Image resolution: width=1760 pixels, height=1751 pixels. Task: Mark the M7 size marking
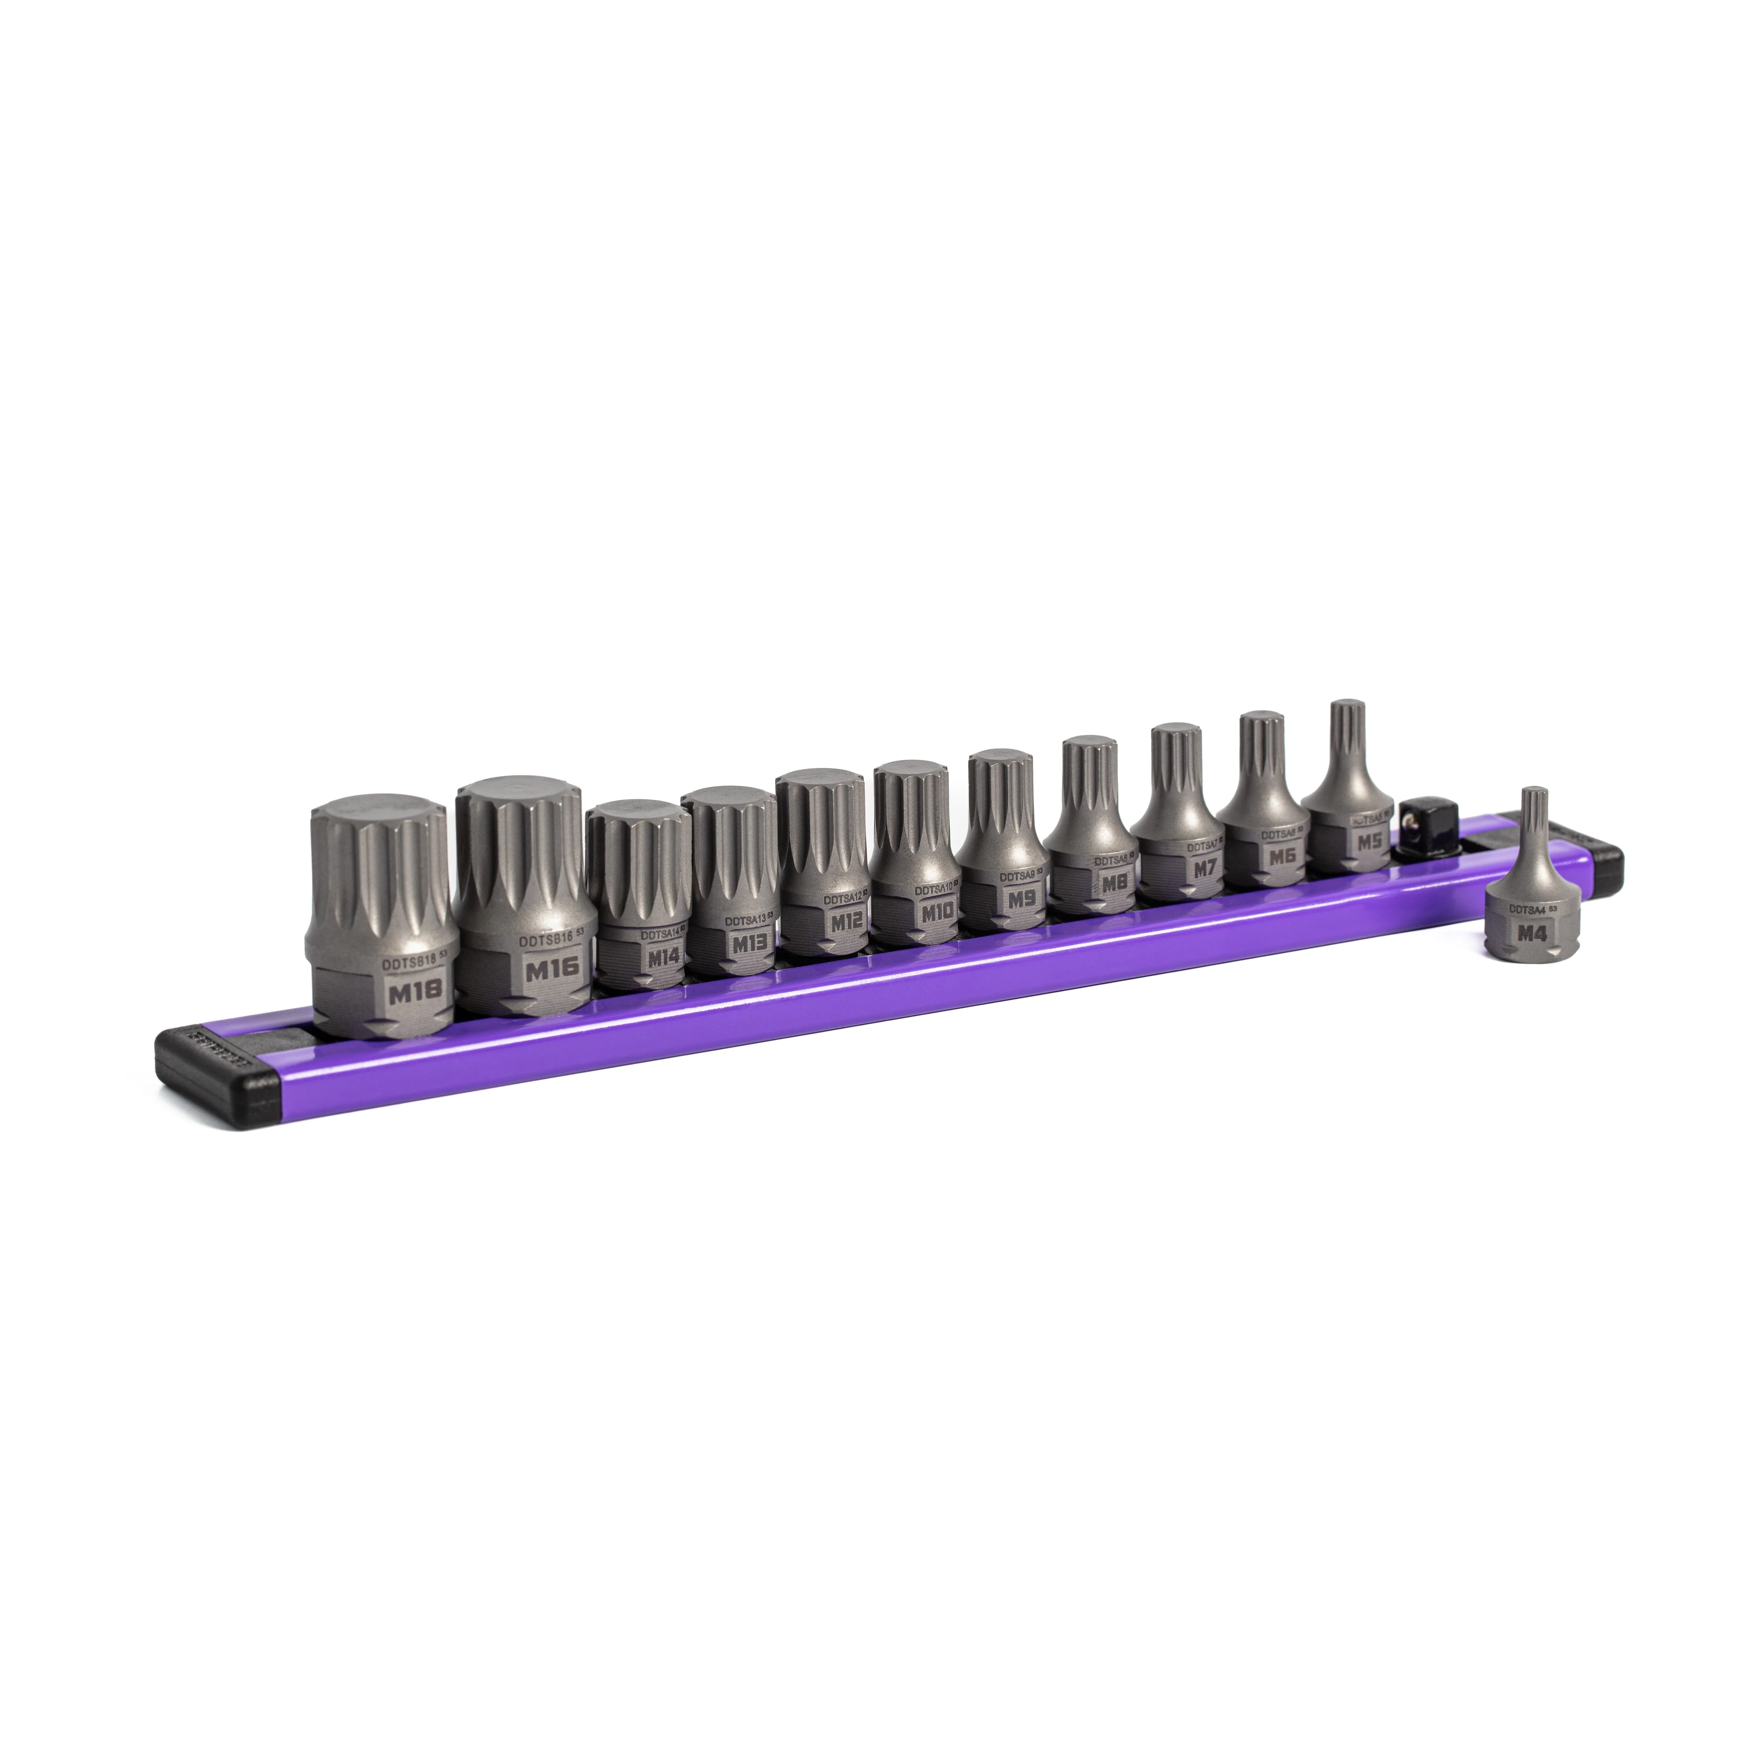click(1204, 868)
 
